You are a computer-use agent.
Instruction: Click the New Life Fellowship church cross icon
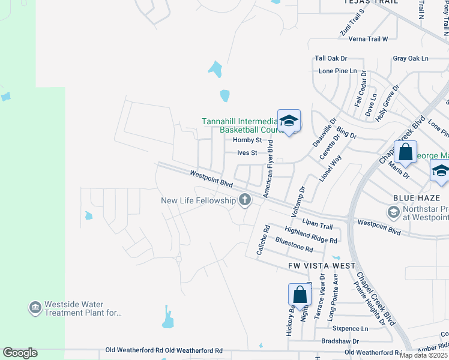pos(244,200)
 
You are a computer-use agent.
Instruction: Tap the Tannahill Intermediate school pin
pos(289,121)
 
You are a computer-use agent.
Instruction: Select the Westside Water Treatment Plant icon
pos(35,308)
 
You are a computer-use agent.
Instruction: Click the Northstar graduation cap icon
pos(393,212)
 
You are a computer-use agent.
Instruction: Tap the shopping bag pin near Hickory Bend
pos(300,295)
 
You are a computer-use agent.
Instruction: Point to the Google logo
pos(20,353)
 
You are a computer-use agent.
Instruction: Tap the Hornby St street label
pos(246,140)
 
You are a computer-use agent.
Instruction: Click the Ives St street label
pos(247,153)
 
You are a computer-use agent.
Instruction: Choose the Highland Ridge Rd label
pos(311,235)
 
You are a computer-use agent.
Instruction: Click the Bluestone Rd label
pos(294,245)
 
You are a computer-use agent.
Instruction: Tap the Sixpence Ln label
pos(350,329)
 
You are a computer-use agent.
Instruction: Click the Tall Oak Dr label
pos(331,58)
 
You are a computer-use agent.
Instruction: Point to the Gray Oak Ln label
pos(411,58)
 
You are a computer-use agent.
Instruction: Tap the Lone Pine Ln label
pos(334,71)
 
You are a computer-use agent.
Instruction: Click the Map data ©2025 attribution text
pos(423,355)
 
